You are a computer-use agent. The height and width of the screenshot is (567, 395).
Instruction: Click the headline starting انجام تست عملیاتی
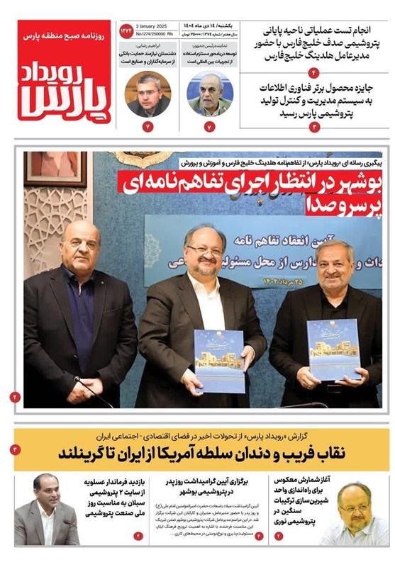316,41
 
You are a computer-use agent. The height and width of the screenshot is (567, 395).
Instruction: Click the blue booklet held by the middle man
219,361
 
